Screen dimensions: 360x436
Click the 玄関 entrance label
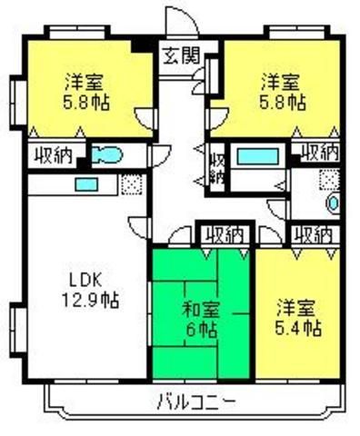tap(182, 56)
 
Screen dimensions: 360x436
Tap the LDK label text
tap(85, 282)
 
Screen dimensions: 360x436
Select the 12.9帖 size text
tap(90, 300)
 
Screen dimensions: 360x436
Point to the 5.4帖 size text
tap(298, 328)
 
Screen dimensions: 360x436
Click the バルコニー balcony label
tap(196, 401)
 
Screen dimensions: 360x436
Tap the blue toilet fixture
tap(107, 154)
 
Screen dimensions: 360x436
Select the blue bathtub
tap(258, 156)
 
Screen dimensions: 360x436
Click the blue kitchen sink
tap(86, 184)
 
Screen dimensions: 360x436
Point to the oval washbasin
tap(333, 203)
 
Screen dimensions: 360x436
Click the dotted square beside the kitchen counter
tap(132, 184)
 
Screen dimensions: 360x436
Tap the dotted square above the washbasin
tap(329, 180)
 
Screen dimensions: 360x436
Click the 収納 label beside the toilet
tap(53, 155)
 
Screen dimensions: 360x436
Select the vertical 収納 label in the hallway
tap(217, 168)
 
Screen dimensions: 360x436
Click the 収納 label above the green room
tap(225, 235)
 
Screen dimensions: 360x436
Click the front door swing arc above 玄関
tap(187, 15)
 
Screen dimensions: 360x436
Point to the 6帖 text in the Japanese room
tap(201, 330)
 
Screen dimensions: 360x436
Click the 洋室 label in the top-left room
tap(85, 82)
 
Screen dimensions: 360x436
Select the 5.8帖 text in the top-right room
tap(282, 102)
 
